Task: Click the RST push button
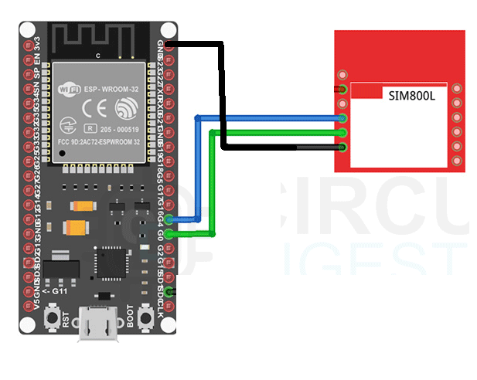point(54,317)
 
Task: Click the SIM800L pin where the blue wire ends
point(342,118)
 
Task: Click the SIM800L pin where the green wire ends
point(342,133)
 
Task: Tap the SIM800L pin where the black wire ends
point(342,147)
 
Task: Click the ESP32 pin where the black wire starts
point(169,45)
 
